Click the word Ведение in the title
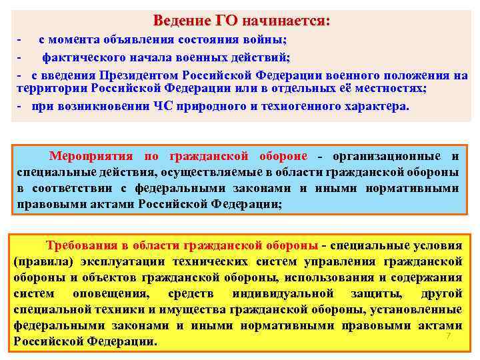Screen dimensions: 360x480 (180, 21)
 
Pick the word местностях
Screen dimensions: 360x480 (396, 89)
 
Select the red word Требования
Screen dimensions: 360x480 (78, 243)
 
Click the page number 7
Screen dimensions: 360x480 (448, 336)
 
